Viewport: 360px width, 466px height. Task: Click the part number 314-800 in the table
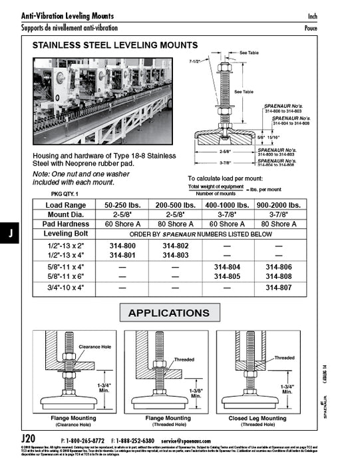(x=122, y=246)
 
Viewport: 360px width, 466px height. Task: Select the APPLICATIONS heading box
(x=168, y=313)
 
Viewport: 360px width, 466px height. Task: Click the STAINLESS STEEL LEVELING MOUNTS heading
(x=115, y=45)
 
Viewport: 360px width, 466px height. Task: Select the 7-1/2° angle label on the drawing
(x=196, y=61)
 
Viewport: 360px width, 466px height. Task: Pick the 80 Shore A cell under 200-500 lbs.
(x=175, y=224)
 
